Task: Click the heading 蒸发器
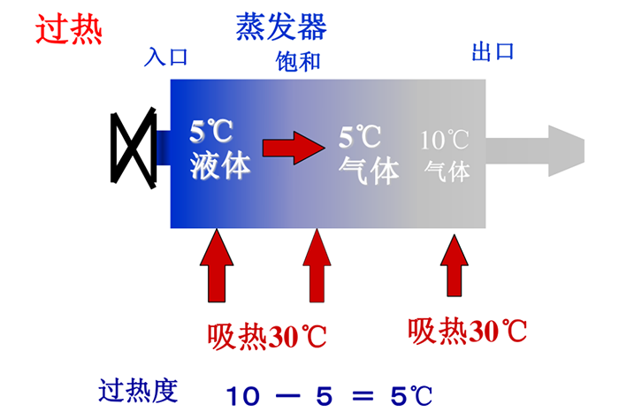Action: [281, 27]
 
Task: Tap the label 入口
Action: [167, 57]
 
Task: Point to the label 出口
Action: [493, 50]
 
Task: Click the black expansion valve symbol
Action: [134, 146]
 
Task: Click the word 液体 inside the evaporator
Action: [220, 165]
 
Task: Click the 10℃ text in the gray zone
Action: [444, 139]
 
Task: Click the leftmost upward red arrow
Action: [216, 265]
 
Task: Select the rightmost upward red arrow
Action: [454, 265]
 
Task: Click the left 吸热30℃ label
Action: [267, 336]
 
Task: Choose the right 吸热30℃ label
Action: [468, 331]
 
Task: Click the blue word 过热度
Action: [139, 389]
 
